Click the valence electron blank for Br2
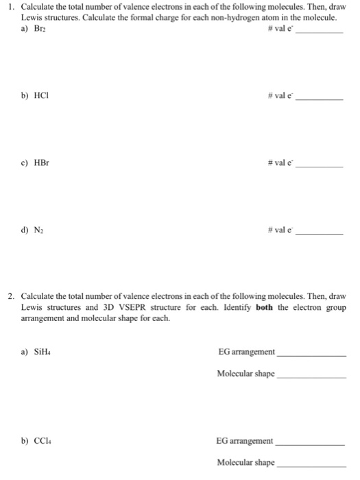[323, 33]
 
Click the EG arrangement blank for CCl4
[310, 443]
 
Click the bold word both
[265, 307]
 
